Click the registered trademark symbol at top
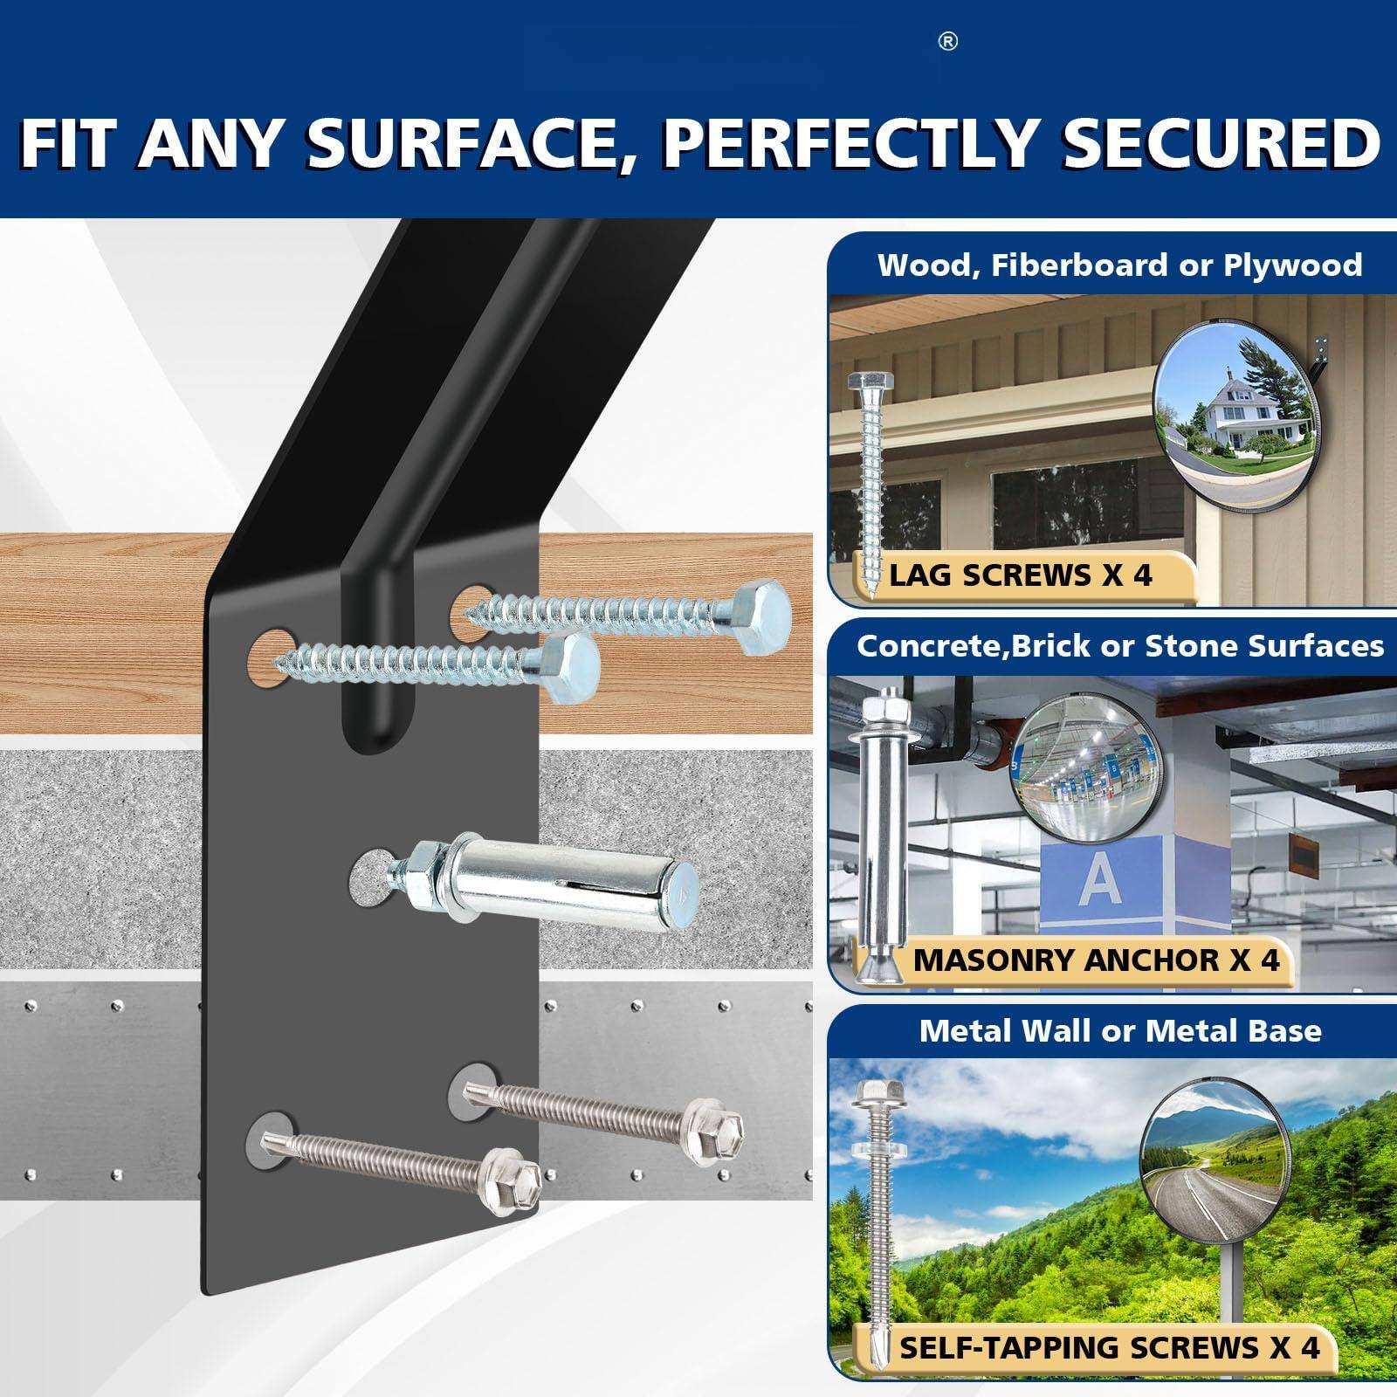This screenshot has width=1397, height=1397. [948, 42]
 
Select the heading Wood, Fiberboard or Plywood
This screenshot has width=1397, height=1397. [1119, 265]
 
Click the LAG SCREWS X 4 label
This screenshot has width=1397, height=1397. [1020, 575]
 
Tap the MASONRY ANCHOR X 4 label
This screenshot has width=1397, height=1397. [1096, 960]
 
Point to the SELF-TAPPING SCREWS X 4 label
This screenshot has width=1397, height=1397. [1109, 1346]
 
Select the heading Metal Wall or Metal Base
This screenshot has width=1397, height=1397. [1119, 1031]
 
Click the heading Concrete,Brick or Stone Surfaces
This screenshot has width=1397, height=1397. [1119, 646]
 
